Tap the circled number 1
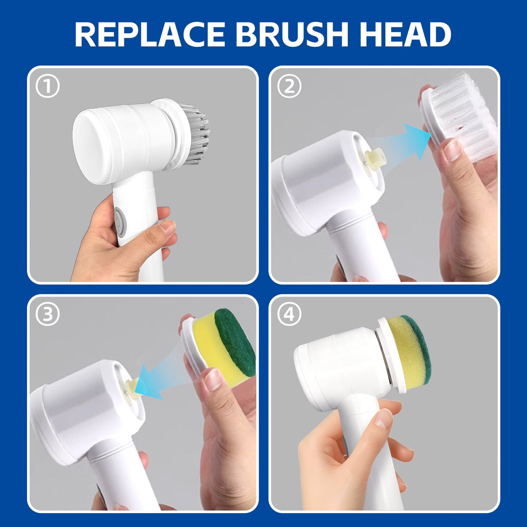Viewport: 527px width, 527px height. [48, 86]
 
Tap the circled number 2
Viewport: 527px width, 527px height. [289, 86]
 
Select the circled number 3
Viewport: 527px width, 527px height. [48, 314]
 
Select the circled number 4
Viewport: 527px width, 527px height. [289, 314]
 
